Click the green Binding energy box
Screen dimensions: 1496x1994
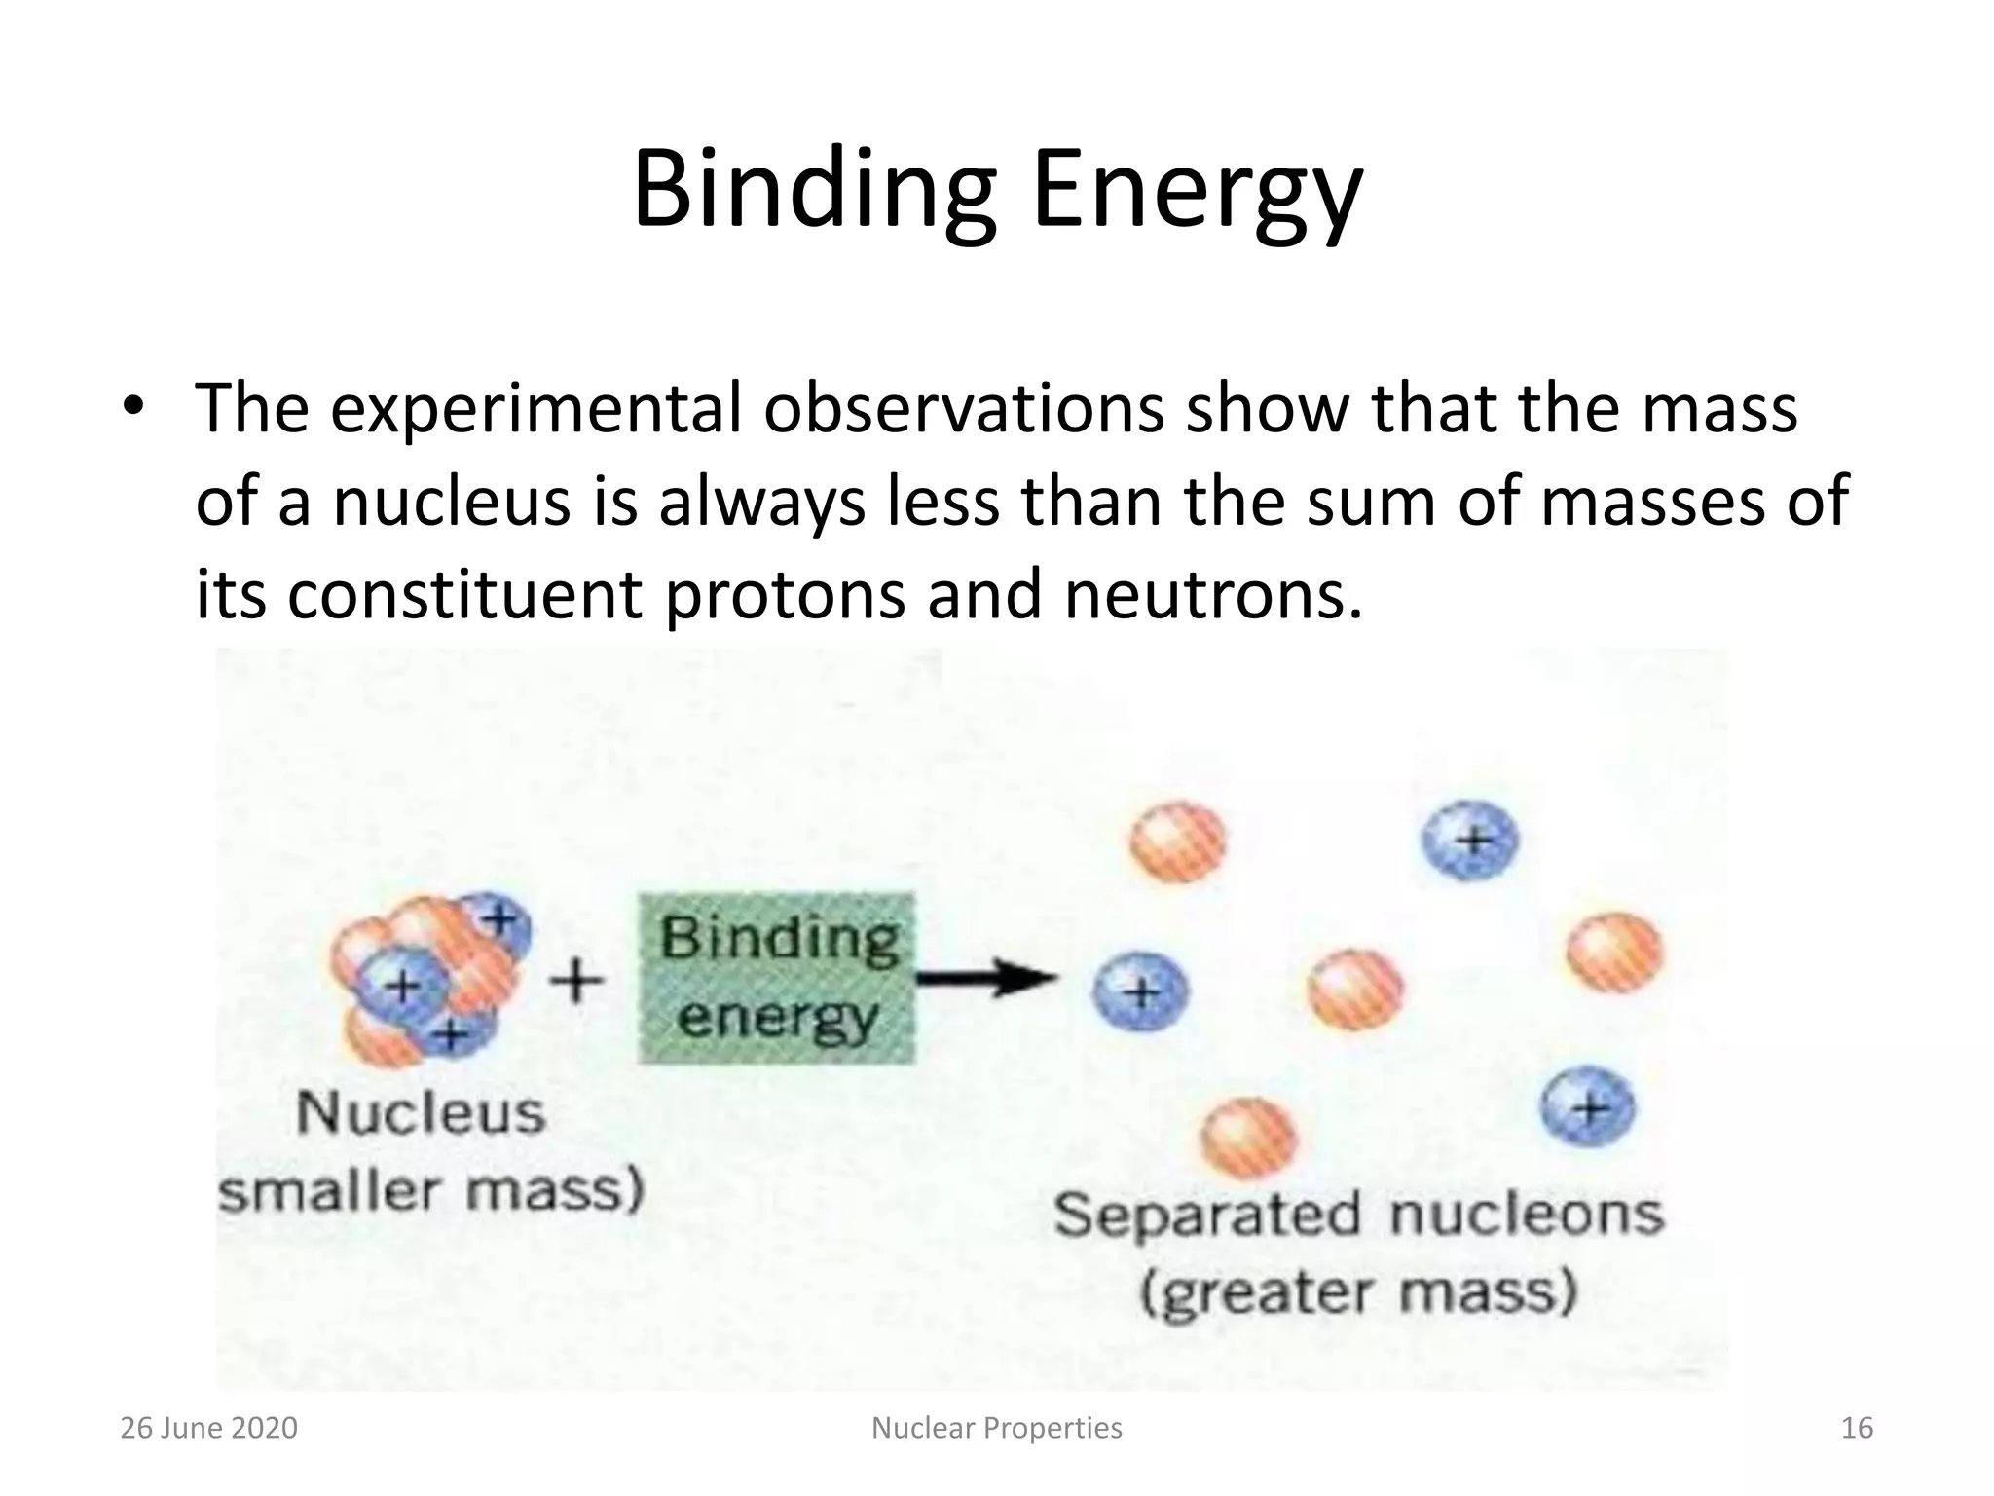point(777,978)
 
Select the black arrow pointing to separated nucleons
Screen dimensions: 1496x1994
point(985,977)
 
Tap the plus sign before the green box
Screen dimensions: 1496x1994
point(577,979)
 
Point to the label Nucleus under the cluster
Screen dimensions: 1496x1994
point(421,1113)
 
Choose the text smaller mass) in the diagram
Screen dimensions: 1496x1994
point(431,1190)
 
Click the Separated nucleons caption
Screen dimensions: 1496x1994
point(1358,1215)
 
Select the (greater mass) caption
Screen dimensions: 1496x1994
point(1358,1293)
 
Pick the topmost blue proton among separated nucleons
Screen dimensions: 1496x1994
point(1470,840)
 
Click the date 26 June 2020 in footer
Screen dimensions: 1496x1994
point(208,1428)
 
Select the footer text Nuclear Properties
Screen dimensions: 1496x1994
point(996,1428)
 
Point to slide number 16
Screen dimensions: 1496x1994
point(1857,1428)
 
